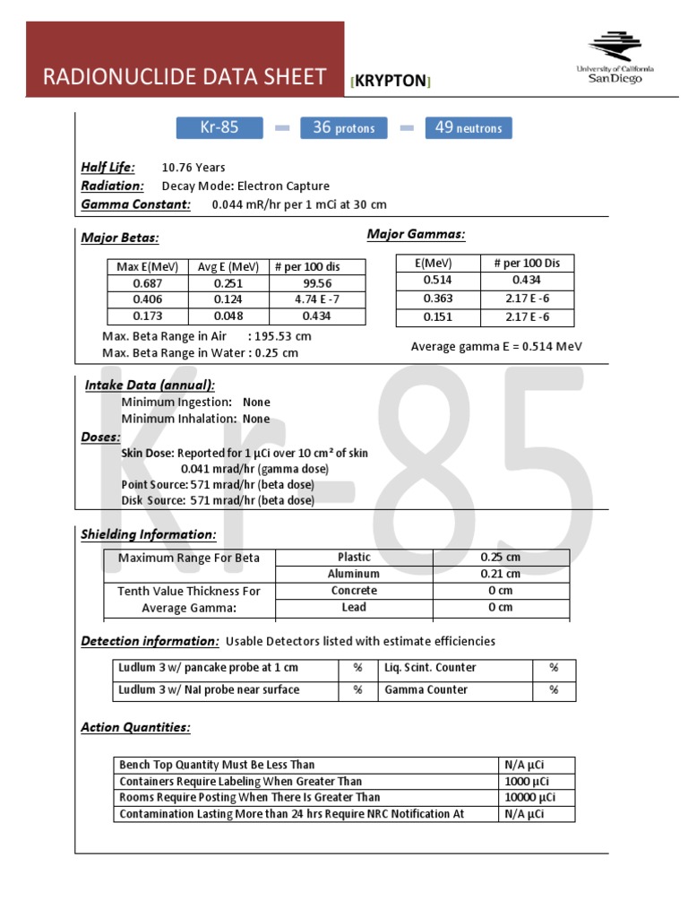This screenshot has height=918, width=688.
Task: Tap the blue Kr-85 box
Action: click(219, 127)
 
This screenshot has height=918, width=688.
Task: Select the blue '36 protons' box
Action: click(343, 128)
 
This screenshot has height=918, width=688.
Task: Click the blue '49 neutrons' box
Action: click(468, 128)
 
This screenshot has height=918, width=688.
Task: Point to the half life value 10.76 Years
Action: click(193, 168)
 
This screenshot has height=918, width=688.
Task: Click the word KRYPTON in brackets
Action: click(391, 81)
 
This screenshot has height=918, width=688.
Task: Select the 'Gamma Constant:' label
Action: click(136, 204)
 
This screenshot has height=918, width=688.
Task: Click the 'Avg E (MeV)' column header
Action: click(228, 266)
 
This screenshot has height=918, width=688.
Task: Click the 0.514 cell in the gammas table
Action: click(437, 280)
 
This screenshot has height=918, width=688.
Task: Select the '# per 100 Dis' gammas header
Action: click(527, 263)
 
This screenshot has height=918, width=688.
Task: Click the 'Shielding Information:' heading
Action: click(149, 535)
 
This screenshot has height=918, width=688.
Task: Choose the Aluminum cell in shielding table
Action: click(354, 574)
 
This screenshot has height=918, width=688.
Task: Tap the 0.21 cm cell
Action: click(500, 574)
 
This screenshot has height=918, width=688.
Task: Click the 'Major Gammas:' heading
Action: click(416, 235)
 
